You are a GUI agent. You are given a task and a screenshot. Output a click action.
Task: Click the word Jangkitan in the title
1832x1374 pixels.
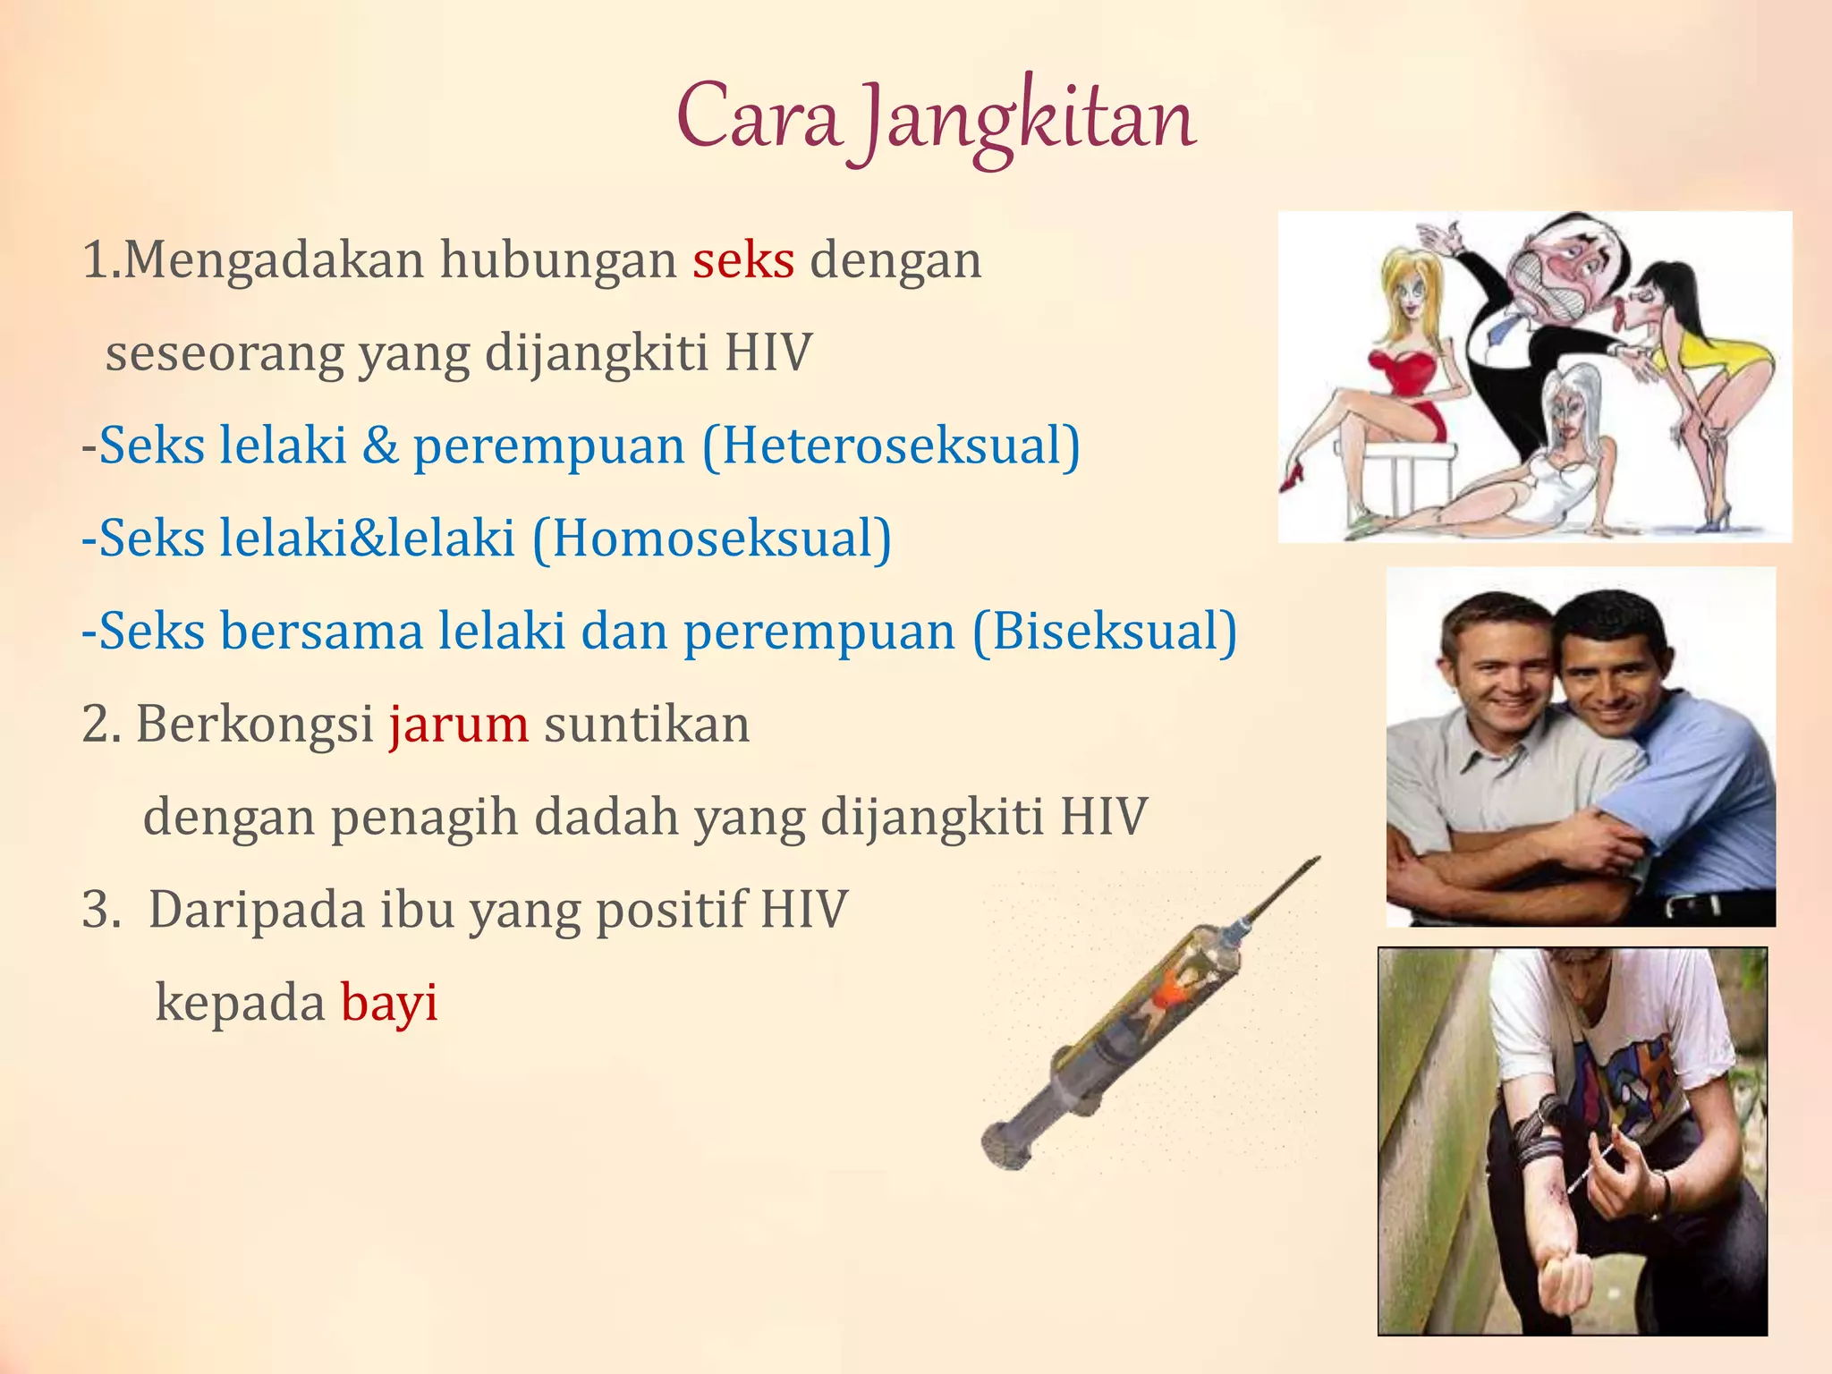pyautogui.click(x=1029, y=121)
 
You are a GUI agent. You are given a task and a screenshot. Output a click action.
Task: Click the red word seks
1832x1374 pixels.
pyautogui.click(x=743, y=260)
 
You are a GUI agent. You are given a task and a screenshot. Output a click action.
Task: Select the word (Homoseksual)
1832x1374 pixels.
pyautogui.click(x=712, y=539)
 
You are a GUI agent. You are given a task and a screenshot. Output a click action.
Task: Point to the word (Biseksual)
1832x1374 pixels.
pyautogui.click(x=1105, y=632)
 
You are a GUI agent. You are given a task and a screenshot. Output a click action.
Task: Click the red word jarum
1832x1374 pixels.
pyautogui.click(x=458, y=725)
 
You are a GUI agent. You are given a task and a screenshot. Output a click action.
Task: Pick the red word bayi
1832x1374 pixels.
pyautogui.click(x=389, y=1003)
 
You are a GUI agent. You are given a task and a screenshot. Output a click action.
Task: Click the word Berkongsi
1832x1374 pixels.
pyautogui.click(x=255, y=725)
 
